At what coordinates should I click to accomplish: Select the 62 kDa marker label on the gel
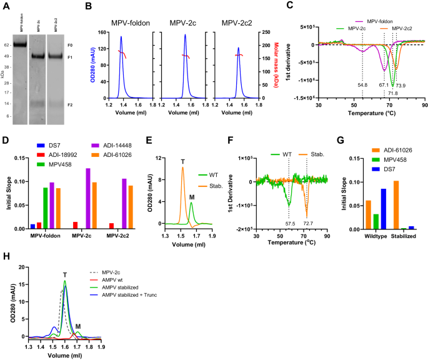(x=6, y=46)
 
